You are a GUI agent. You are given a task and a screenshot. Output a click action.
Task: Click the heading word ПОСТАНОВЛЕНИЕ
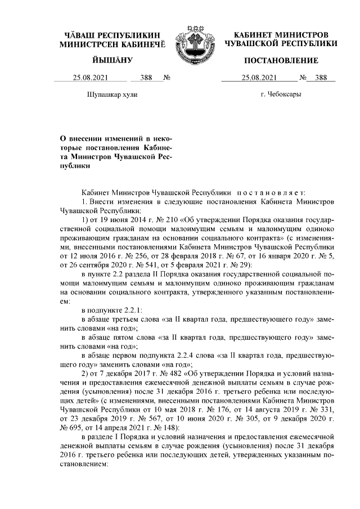(281, 60)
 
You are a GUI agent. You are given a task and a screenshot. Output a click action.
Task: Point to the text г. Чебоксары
(281, 94)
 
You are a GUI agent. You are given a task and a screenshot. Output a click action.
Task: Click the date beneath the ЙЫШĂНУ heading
(90, 78)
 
